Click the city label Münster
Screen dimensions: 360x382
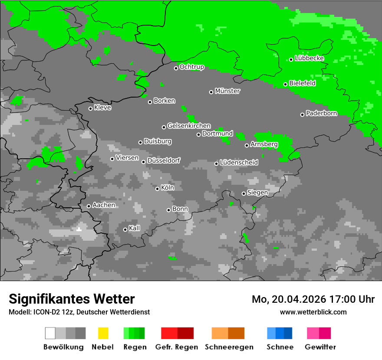click(x=227, y=91)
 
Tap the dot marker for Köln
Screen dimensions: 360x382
click(x=158, y=189)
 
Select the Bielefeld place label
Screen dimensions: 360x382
click(x=303, y=83)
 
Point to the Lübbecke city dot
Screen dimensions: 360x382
click(x=291, y=59)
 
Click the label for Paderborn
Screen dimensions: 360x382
click(x=322, y=114)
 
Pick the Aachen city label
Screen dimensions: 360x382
click(x=104, y=205)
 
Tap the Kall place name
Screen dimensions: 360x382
click(x=135, y=228)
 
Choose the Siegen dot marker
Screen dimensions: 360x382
click(x=244, y=193)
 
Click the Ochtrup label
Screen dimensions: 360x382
click(x=192, y=67)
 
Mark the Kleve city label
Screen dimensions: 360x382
click(x=102, y=108)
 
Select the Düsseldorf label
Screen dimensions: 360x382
click(x=164, y=160)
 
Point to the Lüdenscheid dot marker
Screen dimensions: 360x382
click(x=217, y=164)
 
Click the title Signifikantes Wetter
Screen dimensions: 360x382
click(x=72, y=299)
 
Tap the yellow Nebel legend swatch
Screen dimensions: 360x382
click(x=103, y=333)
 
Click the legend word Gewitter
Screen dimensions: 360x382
click(x=320, y=347)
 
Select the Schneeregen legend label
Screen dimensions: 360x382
click(x=229, y=347)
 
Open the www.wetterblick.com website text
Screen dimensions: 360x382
click(x=313, y=312)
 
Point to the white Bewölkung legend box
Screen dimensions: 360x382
click(x=50, y=333)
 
